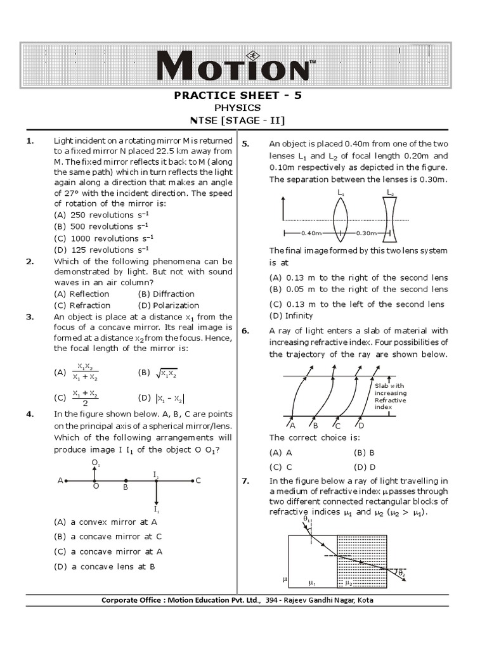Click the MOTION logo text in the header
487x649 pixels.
point(234,66)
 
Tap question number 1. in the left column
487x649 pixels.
point(30,141)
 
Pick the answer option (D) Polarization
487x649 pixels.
point(166,305)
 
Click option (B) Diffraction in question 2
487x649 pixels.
point(166,293)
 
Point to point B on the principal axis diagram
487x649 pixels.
point(126,482)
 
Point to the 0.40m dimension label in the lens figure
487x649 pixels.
point(311,233)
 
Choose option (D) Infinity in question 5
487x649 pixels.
point(291,316)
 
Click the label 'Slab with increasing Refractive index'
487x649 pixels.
point(390,397)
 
